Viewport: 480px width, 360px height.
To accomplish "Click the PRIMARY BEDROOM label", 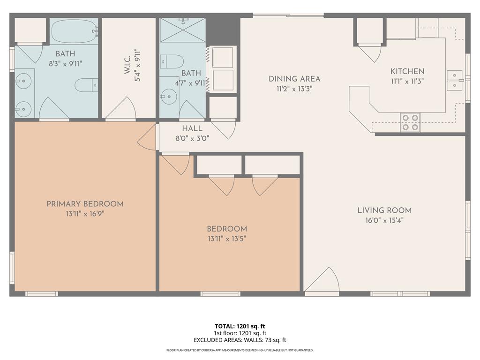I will [x=85, y=204].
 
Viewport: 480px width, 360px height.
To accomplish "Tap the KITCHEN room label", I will [x=407, y=72].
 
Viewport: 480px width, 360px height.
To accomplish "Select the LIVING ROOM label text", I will [x=384, y=210].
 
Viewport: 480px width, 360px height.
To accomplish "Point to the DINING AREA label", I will [x=294, y=79].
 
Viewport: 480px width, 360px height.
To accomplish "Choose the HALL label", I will [x=192, y=128].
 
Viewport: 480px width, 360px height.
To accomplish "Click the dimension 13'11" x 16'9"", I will [x=85, y=214].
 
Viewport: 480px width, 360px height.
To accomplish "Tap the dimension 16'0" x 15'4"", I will [x=384, y=220].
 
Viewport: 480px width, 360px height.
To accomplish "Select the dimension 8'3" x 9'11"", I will [x=65, y=64].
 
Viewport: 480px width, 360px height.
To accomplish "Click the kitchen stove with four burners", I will [x=410, y=122].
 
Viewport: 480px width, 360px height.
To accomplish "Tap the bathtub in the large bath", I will [x=75, y=32].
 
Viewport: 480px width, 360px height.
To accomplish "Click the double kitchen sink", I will [x=454, y=80].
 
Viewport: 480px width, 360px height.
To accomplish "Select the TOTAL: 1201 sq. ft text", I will [x=240, y=326].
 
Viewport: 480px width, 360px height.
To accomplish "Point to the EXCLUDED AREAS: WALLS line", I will [x=240, y=340].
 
